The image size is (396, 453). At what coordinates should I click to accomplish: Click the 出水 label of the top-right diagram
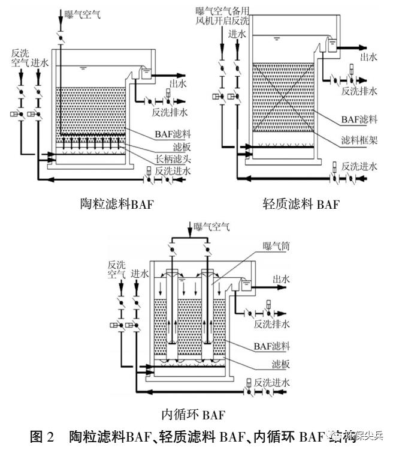click(369, 57)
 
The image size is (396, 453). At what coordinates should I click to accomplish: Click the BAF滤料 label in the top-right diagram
click(357, 119)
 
